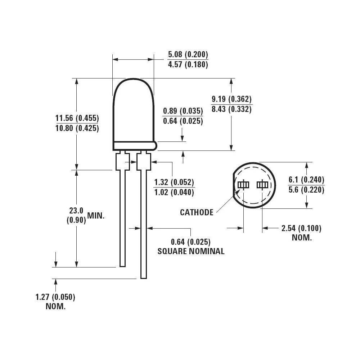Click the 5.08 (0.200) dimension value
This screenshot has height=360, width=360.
point(188,55)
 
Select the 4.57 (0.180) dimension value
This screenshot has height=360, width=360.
point(188,65)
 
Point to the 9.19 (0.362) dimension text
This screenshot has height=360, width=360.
point(231,99)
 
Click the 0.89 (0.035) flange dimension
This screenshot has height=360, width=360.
point(183,111)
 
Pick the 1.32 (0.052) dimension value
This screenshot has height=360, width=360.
point(174,182)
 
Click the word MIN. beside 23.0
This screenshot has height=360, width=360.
point(96,216)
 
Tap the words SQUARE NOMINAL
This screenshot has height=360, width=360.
point(191,251)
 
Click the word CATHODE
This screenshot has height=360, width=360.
point(197,212)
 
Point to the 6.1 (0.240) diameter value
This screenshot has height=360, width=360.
point(306,180)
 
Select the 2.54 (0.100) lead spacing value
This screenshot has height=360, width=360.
point(301,228)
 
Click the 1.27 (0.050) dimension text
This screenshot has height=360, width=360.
point(55,297)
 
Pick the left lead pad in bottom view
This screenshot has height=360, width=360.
point(243,185)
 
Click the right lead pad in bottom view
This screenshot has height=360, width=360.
point(262,185)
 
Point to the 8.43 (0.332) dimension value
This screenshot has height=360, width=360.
point(231,109)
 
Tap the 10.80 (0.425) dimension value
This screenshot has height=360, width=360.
point(77,128)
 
